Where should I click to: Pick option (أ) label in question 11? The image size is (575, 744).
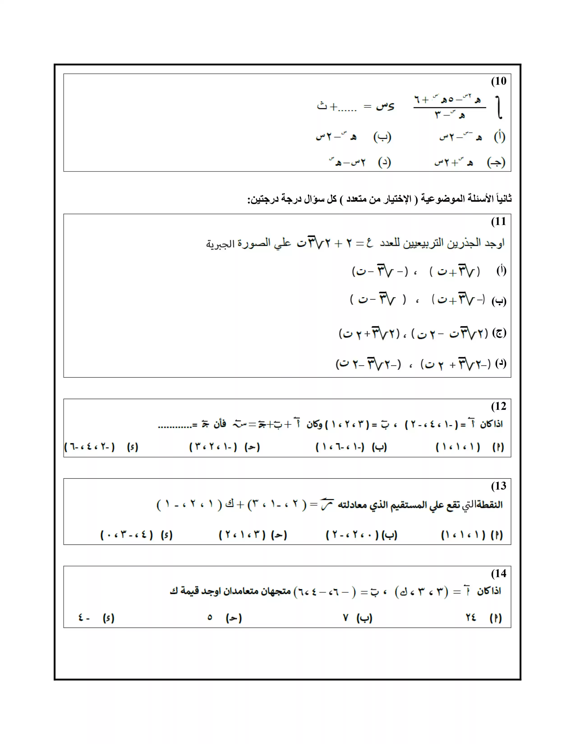point(501,271)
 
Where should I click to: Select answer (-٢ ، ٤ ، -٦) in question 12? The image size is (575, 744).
point(90,447)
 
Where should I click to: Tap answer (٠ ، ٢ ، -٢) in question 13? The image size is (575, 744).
point(352,535)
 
